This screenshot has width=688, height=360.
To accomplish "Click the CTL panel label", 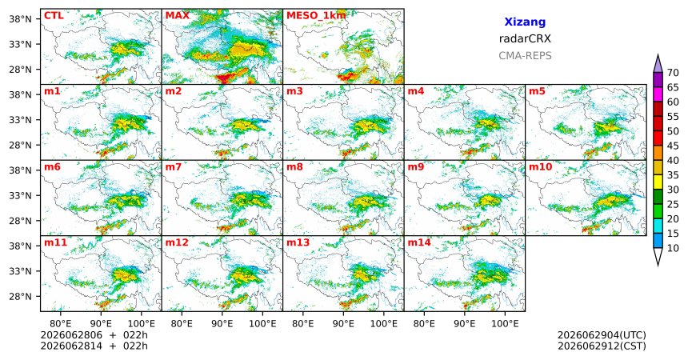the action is point(54,16).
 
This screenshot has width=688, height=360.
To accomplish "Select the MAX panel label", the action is point(178,16).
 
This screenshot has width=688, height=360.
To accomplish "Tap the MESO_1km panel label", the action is point(316,16).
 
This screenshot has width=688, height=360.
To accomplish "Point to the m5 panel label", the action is point(537,92).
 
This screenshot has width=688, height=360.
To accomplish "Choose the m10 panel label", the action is point(541,167).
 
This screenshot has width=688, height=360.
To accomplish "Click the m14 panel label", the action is point(419,242).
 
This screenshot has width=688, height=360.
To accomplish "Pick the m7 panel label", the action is point(174,167).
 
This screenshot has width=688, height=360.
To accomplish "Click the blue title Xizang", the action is point(525,22).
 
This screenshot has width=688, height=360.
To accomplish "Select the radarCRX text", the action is point(525,38).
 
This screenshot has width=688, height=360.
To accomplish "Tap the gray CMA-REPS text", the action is point(525,56).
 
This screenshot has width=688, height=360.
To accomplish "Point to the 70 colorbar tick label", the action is point(673,73).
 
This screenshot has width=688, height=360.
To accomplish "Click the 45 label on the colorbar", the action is point(673,146).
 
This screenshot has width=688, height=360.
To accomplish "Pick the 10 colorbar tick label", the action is point(673,248).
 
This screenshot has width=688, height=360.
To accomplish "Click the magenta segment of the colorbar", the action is point(658,94).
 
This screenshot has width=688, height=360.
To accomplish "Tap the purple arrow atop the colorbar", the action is point(658,64).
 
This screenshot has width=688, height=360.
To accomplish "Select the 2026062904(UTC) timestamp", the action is point(602,335).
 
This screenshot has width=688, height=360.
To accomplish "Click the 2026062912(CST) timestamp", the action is point(602,346).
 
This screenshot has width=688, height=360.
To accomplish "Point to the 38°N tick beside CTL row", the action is point(21,19).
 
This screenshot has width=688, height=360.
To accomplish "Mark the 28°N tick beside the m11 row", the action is point(21,296).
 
